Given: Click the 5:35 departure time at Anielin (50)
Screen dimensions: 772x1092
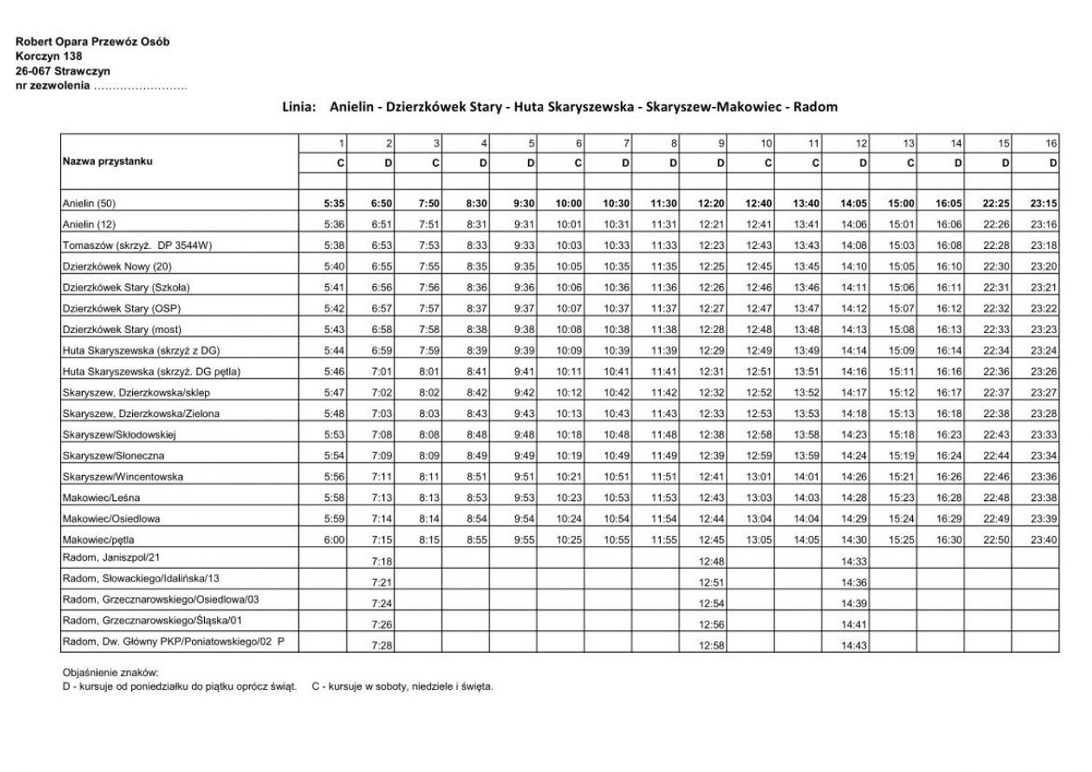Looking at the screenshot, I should click(334, 203).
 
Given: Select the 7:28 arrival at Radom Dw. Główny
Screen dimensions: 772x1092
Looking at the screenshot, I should click(382, 645).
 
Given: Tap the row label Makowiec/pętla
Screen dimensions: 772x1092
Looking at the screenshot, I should click(98, 539).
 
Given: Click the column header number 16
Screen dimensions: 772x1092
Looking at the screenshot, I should click(1051, 143).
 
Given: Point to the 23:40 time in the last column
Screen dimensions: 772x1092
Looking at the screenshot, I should click(1043, 540).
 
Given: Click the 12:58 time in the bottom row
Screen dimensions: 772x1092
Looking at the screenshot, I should click(712, 645).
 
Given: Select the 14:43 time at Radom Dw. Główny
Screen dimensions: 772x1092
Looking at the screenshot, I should click(854, 645).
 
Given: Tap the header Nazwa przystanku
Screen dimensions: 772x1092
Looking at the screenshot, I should click(108, 161).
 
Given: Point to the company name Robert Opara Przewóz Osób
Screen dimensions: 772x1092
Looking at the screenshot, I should click(93, 41).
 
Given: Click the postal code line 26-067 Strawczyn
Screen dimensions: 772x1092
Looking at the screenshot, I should click(63, 71).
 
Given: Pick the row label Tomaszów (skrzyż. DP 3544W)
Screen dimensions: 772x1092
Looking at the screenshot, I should click(137, 245).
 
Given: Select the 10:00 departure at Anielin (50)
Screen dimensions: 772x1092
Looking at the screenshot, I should click(569, 203).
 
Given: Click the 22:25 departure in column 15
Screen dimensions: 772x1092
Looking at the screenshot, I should click(996, 203).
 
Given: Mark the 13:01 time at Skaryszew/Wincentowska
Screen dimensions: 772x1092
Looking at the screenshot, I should click(759, 477).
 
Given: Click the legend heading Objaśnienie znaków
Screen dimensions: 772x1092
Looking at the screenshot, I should click(111, 672).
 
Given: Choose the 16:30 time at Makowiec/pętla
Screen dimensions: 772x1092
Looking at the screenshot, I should click(949, 540).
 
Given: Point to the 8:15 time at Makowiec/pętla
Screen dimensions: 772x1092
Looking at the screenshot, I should click(429, 540).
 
